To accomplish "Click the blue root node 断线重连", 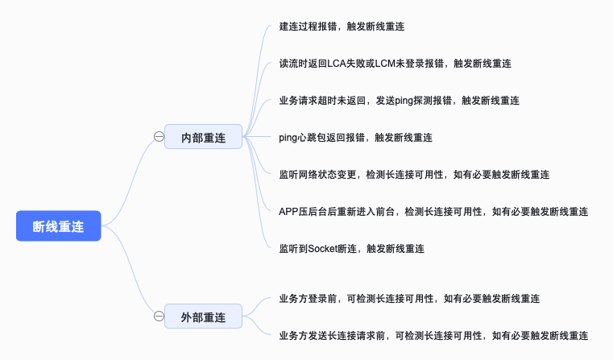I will (58, 226).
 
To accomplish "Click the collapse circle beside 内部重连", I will (159, 138).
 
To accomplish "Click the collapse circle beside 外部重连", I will (159, 316).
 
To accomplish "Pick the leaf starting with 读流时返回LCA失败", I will (396, 64).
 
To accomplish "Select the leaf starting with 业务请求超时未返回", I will (399, 101).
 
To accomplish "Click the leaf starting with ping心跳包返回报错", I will (355, 138).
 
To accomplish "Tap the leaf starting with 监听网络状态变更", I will (414, 175).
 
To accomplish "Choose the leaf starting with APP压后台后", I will (433, 212).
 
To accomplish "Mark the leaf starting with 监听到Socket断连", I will (351, 249).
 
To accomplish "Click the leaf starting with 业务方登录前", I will (408, 298).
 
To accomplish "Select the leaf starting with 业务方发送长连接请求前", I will (433, 335).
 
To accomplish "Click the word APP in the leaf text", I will (289, 212).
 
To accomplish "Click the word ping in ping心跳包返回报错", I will (288, 138).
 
